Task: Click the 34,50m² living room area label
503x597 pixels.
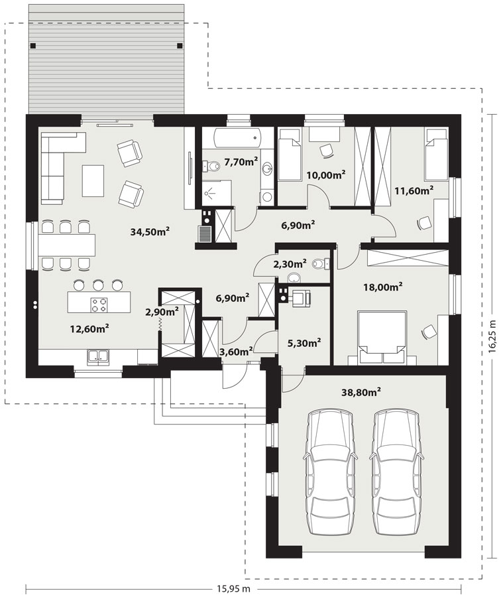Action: (150, 231)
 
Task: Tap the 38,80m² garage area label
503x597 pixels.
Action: (361, 392)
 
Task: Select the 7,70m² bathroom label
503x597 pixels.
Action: (241, 163)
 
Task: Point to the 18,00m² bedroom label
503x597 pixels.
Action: (383, 287)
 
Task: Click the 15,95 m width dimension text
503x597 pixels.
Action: (234, 588)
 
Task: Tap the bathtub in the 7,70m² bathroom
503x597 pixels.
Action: (238, 138)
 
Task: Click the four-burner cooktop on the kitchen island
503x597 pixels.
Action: (99, 305)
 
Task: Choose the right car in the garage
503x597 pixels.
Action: (396, 472)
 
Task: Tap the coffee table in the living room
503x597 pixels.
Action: (93, 180)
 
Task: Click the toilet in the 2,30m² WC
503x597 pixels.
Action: (319, 263)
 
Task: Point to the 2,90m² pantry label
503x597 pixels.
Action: (162, 312)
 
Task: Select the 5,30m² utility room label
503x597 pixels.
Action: (304, 342)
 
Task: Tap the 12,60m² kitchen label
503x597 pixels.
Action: (90, 328)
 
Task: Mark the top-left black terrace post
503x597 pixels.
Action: (33, 45)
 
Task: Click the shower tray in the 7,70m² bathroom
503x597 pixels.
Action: (217, 194)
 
